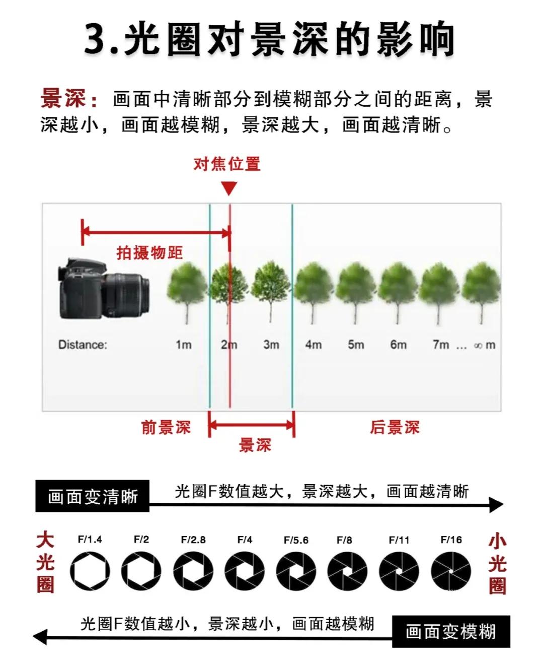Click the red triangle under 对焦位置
pyautogui.click(x=229, y=188)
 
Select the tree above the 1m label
pyautogui.click(x=186, y=292)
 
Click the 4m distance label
pyautogui.click(x=313, y=345)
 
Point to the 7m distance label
pyautogui.click(x=440, y=345)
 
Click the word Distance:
pyautogui.click(x=83, y=345)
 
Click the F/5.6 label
pyautogui.click(x=296, y=540)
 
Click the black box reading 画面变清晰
pyautogui.click(x=93, y=497)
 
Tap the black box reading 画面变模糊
pyautogui.click(x=451, y=631)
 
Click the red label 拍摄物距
pyautogui.click(x=149, y=252)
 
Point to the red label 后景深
pyautogui.click(x=395, y=428)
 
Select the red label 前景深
pyautogui.click(x=166, y=428)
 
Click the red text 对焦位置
pyautogui.click(x=227, y=164)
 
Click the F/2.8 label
pyautogui.click(x=193, y=540)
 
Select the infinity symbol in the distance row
pyautogui.click(x=478, y=346)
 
